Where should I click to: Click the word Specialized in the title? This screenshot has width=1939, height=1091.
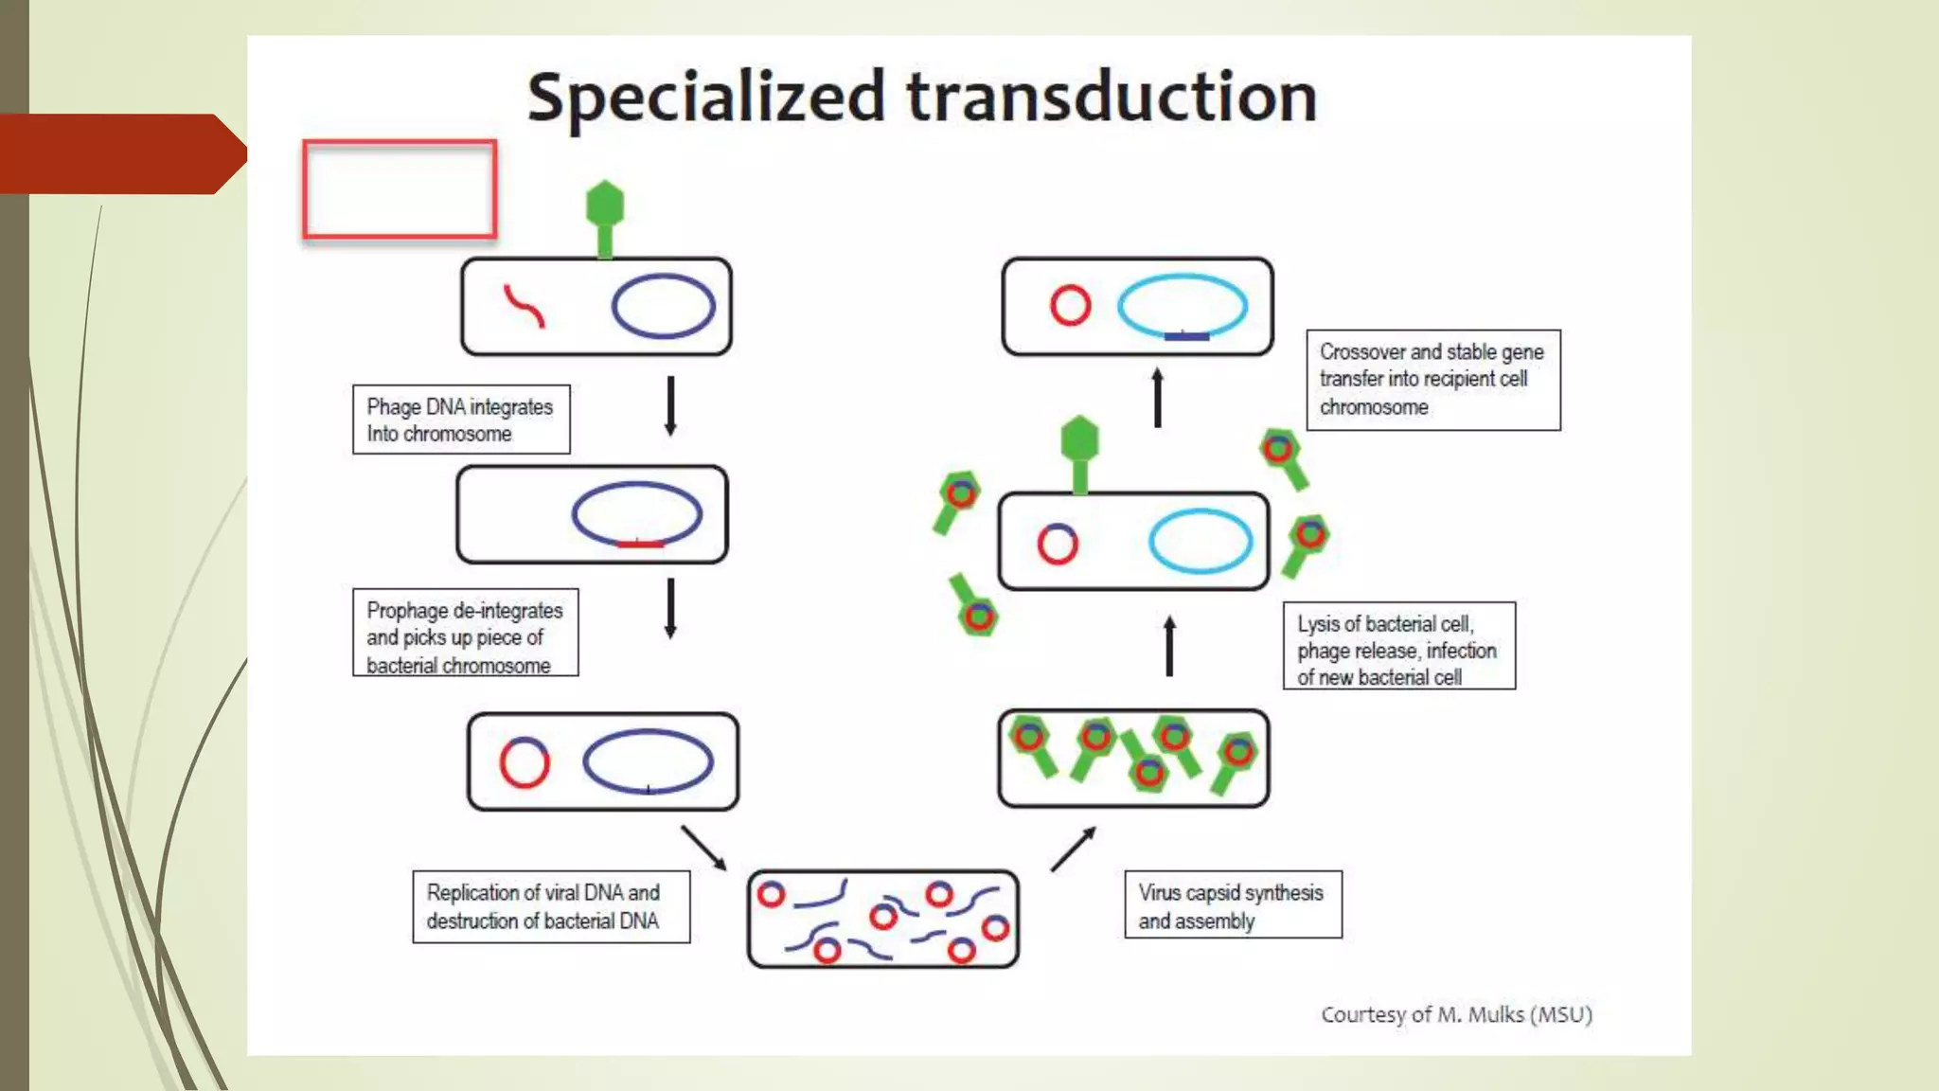point(705,97)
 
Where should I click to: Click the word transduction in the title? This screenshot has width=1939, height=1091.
point(1112,97)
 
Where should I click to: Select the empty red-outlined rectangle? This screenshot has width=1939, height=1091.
point(400,189)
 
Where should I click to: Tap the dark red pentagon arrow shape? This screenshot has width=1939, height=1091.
point(123,153)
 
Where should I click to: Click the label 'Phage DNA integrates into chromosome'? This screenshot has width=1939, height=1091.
point(461,420)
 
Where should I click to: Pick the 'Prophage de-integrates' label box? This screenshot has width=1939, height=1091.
point(465,633)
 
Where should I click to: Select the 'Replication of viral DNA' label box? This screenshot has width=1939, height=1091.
point(551,906)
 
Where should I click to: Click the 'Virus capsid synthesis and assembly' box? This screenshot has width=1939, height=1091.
point(1233,905)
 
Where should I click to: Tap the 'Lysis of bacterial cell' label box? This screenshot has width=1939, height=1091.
point(1398,646)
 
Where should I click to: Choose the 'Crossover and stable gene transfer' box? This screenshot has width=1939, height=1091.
point(1432,380)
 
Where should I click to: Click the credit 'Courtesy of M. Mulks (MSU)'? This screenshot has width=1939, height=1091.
point(1456,1014)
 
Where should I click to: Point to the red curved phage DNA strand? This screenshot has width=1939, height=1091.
point(524,306)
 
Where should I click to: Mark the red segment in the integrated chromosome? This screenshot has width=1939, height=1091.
point(641,544)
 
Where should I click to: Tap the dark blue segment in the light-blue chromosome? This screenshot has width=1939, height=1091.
point(1186,335)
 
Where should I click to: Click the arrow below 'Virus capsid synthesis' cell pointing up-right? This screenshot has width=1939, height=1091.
point(1073,849)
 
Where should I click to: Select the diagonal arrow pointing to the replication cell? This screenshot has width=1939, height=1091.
point(703,847)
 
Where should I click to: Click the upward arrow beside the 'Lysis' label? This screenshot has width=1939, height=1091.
point(1169,646)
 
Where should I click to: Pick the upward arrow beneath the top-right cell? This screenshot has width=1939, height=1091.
point(1157,398)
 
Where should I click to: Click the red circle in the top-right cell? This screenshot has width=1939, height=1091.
point(1070,306)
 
